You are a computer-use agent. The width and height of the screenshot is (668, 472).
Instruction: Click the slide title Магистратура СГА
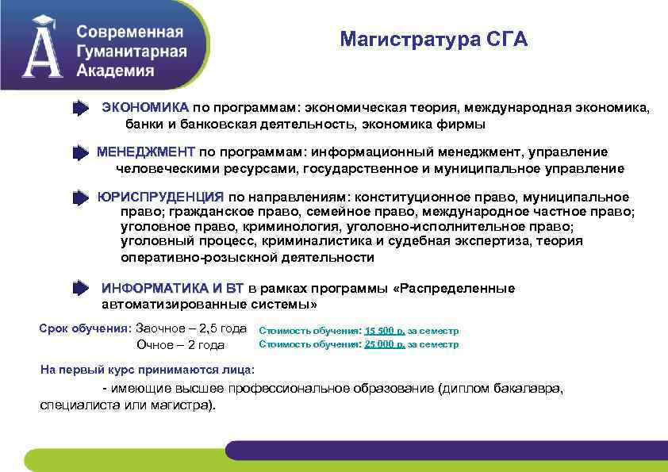pyautogui.click(x=433, y=40)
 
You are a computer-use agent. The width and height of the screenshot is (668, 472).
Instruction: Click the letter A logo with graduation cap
pyautogui.click(x=43, y=48)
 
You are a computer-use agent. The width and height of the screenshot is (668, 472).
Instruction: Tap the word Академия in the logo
pyautogui.click(x=116, y=70)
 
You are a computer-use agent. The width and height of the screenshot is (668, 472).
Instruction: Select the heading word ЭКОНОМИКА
pyautogui.click(x=145, y=107)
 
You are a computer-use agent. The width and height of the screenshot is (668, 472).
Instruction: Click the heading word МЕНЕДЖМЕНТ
pyautogui.click(x=145, y=152)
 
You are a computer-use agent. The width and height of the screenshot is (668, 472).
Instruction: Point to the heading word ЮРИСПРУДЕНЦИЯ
pyautogui.click(x=160, y=197)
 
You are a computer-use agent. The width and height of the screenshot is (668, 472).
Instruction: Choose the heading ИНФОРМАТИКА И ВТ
pyautogui.click(x=173, y=288)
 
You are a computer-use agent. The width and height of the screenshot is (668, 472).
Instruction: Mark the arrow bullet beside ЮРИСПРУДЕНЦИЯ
pyautogui.click(x=81, y=198)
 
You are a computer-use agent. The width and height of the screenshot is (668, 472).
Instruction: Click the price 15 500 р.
pyautogui.click(x=385, y=330)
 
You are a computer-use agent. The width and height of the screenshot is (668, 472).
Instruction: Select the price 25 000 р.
pyautogui.click(x=385, y=344)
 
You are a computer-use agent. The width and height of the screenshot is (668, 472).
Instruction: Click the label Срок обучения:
pyautogui.click(x=85, y=328)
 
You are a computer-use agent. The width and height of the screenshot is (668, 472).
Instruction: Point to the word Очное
pyautogui.click(x=155, y=345)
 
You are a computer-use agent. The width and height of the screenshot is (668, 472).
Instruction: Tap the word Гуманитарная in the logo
pyautogui.click(x=132, y=52)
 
